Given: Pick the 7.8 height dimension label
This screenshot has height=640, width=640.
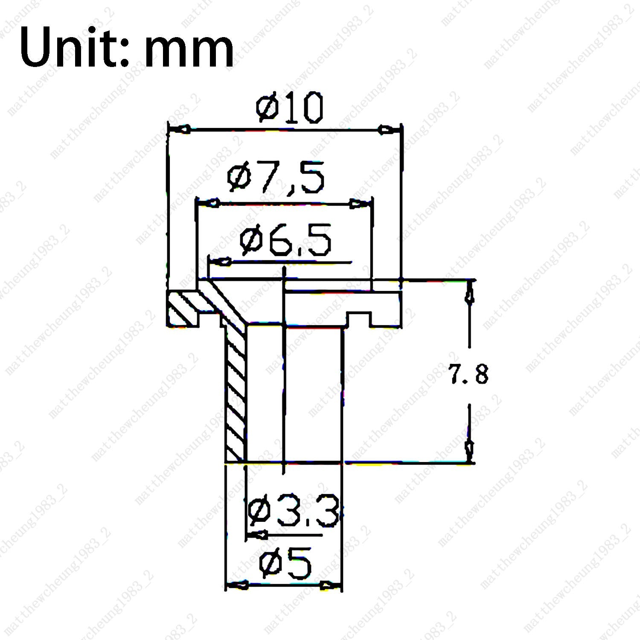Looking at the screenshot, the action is tap(468, 374).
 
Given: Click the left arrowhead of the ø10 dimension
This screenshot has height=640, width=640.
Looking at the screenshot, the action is tap(180, 128).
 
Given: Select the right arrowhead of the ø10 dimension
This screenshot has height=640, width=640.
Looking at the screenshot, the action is tap(389, 129).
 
